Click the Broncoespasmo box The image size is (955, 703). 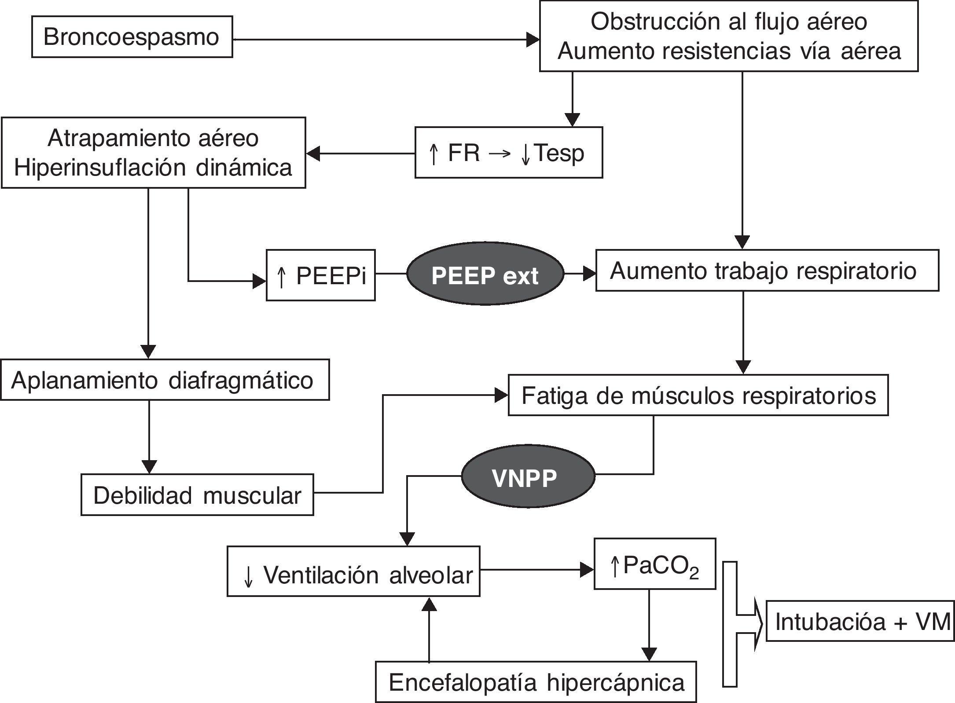(x=132, y=37)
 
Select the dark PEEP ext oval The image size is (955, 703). (x=485, y=274)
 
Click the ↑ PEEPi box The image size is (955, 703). (x=321, y=276)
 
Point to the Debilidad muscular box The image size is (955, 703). (x=197, y=495)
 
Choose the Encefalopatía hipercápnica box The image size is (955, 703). (x=536, y=682)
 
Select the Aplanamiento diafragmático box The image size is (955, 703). (x=165, y=380)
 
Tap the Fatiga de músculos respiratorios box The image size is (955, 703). (x=698, y=395)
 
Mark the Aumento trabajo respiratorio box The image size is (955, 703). (x=767, y=271)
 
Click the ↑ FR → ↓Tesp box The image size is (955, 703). (x=508, y=153)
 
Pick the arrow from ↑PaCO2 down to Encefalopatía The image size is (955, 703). (x=649, y=625)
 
